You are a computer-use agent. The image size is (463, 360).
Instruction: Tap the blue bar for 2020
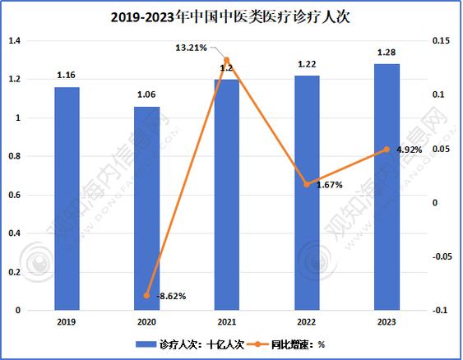(146, 209)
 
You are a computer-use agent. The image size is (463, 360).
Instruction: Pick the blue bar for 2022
(307, 193)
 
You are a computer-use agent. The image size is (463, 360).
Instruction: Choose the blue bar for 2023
(387, 187)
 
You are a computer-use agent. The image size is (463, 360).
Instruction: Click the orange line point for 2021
(226, 60)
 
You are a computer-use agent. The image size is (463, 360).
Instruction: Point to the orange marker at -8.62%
(146, 295)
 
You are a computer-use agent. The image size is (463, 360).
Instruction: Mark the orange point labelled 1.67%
(307, 184)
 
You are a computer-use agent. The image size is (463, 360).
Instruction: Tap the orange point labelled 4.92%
(387, 150)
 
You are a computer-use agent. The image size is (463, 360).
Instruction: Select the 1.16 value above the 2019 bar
(67, 76)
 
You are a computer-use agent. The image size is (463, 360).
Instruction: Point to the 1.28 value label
(387, 53)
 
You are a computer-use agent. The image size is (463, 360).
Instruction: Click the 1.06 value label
(146, 95)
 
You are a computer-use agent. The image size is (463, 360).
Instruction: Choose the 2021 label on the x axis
(226, 321)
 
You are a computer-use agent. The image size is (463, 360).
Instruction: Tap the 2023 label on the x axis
(387, 321)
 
